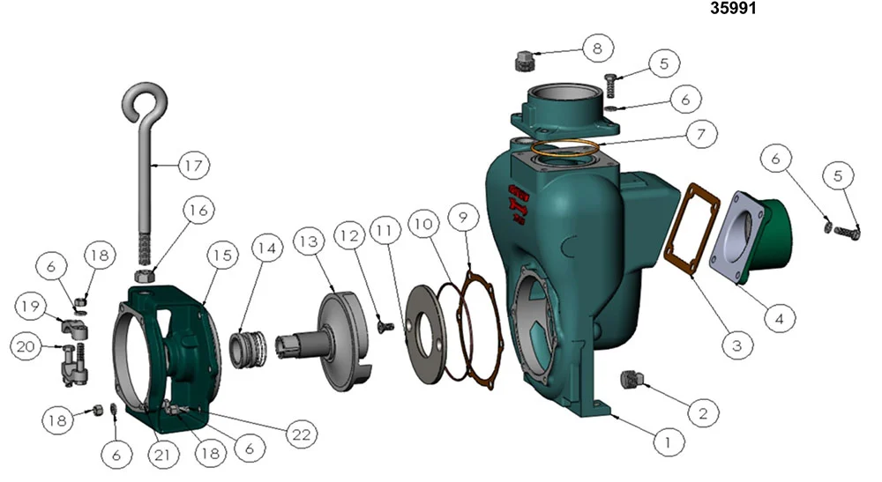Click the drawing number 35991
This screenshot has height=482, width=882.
pos(733,9)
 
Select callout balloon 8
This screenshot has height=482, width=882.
pos(597,48)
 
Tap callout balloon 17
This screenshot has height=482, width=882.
pos(193,166)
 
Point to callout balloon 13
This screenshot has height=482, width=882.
pos(309,241)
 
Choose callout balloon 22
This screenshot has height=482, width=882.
pos(302,434)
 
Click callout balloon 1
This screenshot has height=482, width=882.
pos(669,442)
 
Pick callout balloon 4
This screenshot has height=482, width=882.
pos(780,318)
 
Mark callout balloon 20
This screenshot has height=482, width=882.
pos(26,346)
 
